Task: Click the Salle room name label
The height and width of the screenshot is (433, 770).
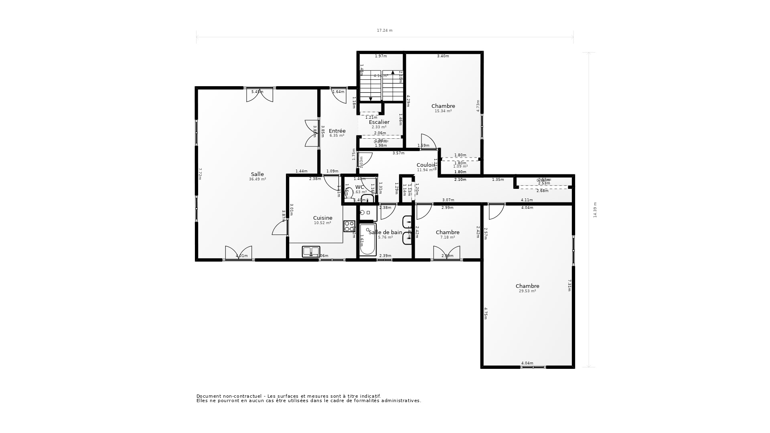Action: [257, 174]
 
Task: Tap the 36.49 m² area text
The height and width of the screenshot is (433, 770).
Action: [257, 179]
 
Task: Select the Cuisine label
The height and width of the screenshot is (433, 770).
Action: [322, 218]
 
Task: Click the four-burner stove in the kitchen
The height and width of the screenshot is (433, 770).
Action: [349, 226]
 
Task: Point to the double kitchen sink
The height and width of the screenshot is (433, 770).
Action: [311, 251]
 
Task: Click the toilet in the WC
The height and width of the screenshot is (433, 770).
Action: [349, 193]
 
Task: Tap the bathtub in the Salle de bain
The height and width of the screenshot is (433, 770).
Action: [367, 240]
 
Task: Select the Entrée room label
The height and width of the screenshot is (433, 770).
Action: [337, 131]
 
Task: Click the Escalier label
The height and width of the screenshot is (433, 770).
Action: [379, 122]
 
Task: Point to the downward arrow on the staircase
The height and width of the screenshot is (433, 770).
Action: [371, 99]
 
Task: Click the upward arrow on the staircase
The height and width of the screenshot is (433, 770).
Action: [392, 73]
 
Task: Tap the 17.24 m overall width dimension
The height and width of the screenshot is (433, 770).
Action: [384, 30]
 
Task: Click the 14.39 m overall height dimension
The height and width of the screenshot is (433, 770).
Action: [595, 210]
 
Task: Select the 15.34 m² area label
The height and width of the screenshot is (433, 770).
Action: [443, 111]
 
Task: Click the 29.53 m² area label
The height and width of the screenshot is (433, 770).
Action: [527, 291]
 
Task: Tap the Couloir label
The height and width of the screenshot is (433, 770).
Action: [426, 165]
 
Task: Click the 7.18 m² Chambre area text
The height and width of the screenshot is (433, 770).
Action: [448, 237]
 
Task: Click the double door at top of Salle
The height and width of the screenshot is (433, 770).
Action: [259, 95]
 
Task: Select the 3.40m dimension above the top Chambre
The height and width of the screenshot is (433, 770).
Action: [443, 56]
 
